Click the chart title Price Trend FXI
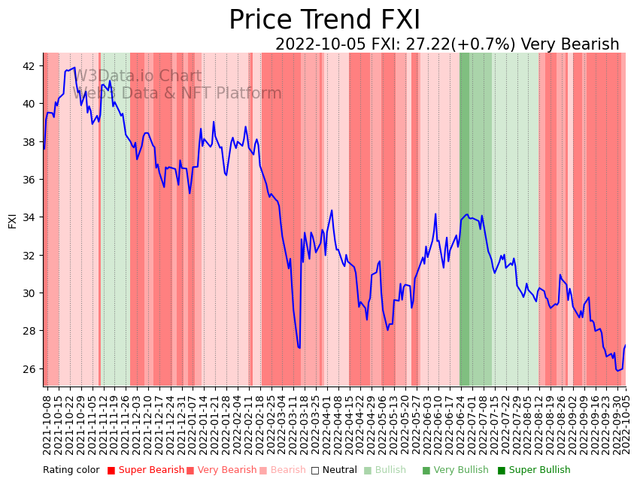324,20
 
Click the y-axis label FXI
12,221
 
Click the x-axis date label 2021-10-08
47,425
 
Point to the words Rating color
71,471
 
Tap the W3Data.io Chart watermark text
137,77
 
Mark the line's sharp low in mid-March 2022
299,347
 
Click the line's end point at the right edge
625,346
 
